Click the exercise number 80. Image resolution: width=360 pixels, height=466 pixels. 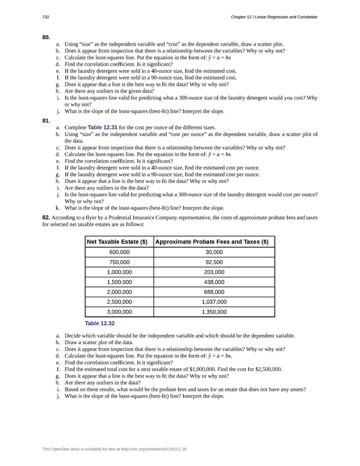tap(46, 37)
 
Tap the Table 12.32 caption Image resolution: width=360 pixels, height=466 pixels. tap(99, 323)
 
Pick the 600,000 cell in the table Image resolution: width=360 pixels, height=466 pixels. tap(119, 252)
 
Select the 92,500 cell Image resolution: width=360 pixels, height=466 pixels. tap(214, 262)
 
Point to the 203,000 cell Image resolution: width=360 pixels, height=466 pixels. tap(214, 272)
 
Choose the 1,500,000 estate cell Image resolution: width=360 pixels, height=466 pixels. tap(119, 282)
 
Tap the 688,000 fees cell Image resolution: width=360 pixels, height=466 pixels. tap(214, 292)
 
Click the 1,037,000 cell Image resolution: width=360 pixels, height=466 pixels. tap(214, 302)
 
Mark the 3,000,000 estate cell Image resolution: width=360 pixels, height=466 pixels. tap(119, 312)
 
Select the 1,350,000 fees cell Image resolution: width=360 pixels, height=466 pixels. tap(214, 312)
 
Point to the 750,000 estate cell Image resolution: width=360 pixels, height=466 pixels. tap(119, 262)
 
